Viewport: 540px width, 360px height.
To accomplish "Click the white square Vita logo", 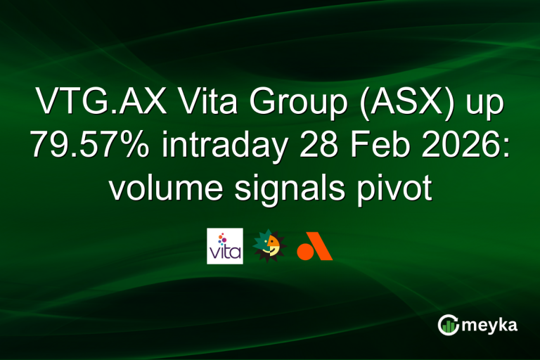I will pyautogui.click(x=224, y=246).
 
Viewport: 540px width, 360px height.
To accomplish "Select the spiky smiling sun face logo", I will pyautogui.click(x=269, y=246).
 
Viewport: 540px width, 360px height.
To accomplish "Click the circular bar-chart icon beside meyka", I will pyautogui.click(x=449, y=324).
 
